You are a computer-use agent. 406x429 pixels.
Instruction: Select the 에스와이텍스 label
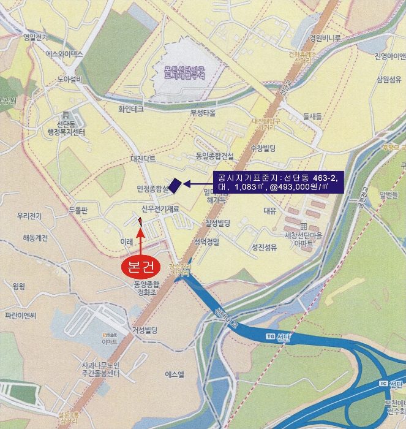pos(64,54)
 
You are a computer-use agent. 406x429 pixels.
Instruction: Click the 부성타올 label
pos(203,113)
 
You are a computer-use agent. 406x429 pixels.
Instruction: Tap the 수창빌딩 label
pos(263,148)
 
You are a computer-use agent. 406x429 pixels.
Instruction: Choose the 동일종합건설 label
pos(215,156)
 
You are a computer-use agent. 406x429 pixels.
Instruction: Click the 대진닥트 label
pos(144,158)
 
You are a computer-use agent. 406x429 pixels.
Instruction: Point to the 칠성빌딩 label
pos(218,222)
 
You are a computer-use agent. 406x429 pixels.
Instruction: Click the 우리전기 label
pos(29,216)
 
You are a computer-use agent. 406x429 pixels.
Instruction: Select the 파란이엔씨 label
pos(21,316)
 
